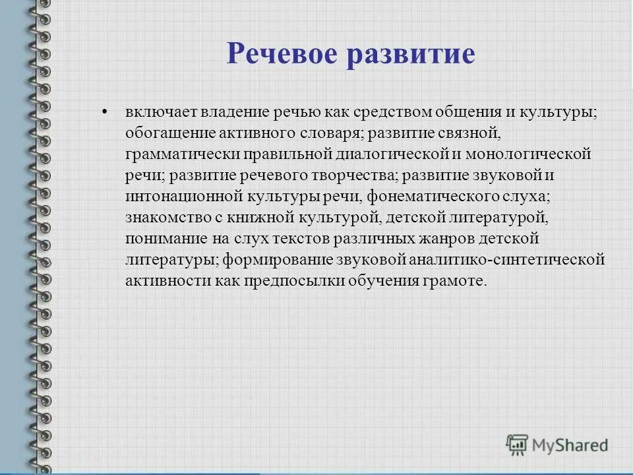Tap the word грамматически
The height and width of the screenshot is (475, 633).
173,154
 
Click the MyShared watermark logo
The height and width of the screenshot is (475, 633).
557,444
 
